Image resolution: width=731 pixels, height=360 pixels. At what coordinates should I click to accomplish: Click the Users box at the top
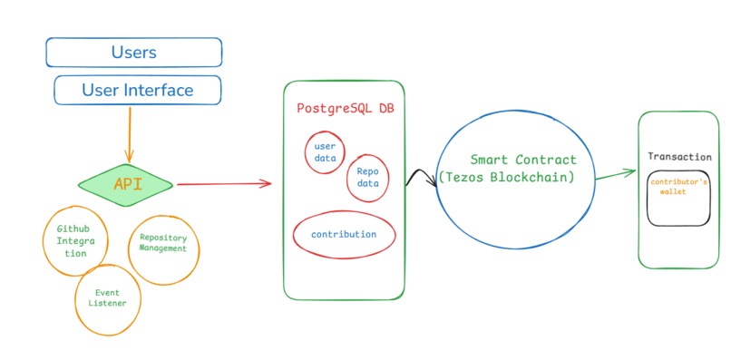tap(133, 52)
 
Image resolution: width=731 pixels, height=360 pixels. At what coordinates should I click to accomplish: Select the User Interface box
tap(137, 90)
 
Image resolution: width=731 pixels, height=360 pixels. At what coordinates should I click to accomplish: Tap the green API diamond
tap(125, 184)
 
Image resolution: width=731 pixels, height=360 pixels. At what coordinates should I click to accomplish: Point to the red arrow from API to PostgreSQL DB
tap(222, 184)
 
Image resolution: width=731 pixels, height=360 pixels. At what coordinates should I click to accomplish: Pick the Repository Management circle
tap(163, 242)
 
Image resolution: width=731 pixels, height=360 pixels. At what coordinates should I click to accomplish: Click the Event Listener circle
tap(107, 297)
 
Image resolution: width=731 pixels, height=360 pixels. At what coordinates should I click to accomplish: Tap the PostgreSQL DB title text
tap(346, 108)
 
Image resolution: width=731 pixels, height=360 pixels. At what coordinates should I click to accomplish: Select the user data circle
tap(324, 151)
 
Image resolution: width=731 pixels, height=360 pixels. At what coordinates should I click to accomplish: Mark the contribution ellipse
tap(344, 234)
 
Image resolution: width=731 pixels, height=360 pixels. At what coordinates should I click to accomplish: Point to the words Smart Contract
tap(523, 160)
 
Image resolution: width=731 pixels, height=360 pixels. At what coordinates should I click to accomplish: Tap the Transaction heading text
tap(679, 157)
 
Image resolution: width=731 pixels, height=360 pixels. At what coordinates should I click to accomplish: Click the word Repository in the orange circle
tap(163, 237)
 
